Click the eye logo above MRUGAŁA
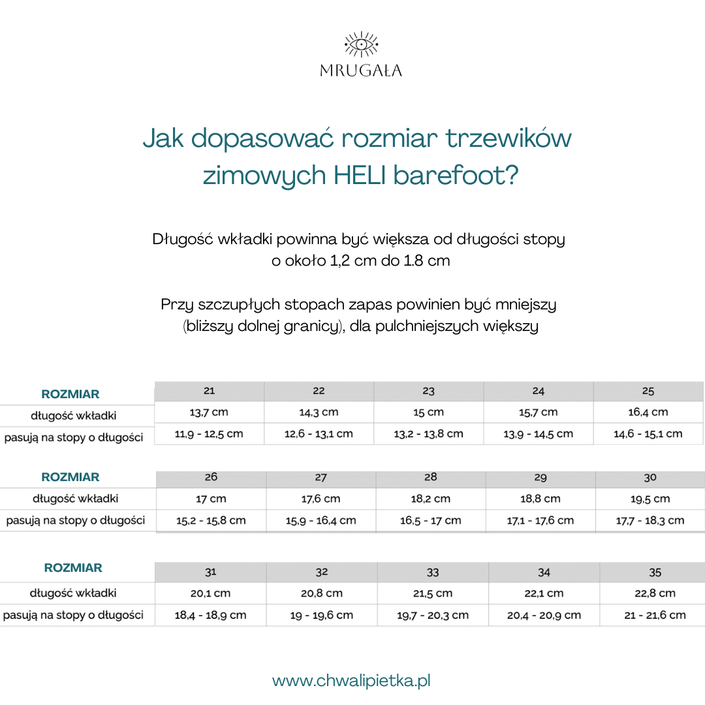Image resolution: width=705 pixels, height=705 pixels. click(x=360, y=45)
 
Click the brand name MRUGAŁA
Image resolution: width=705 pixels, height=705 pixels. click(x=361, y=70)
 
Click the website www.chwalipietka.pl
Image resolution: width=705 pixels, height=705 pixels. click(x=351, y=681)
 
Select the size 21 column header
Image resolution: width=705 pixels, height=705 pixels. click(x=209, y=391)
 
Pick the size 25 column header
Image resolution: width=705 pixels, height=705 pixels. click(x=648, y=391)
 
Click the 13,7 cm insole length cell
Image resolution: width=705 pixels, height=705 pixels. click(x=209, y=412)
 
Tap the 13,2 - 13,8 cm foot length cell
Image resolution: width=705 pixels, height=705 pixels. click(x=428, y=433)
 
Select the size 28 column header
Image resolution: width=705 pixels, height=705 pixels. click(x=431, y=477)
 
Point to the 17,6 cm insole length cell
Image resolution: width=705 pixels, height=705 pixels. click(x=321, y=499)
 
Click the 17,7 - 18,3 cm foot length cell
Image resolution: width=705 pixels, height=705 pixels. click(x=650, y=520)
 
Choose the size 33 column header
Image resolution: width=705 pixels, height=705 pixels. click(x=433, y=572)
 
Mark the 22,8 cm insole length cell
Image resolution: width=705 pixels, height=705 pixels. click(x=655, y=593)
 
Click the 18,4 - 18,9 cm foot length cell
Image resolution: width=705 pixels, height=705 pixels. click(x=210, y=615)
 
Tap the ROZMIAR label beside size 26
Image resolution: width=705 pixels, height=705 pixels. click(x=70, y=477)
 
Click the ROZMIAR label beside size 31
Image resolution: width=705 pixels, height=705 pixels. click(x=73, y=568)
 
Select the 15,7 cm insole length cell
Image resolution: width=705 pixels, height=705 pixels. click(x=538, y=412)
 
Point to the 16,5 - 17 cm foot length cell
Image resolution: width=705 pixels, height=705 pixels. click(x=431, y=520)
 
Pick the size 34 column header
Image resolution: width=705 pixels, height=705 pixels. click(x=544, y=572)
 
